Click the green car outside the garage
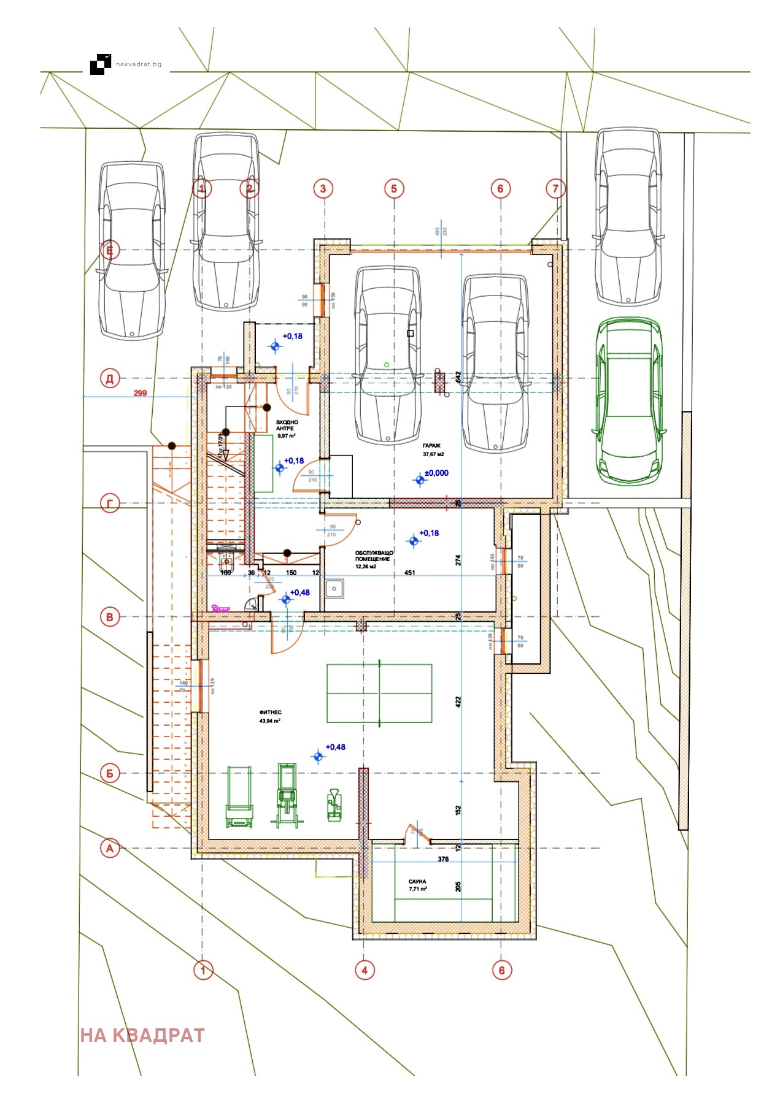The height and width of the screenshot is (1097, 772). click(x=630, y=402)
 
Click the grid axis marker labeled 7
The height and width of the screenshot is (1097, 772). click(x=555, y=188)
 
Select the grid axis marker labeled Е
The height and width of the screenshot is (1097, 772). click(x=110, y=250)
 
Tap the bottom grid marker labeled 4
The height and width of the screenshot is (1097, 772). click(x=365, y=970)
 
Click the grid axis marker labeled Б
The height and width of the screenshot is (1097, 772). click(x=110, y=773)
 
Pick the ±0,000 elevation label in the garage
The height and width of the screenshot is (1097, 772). click(x=436, y=473)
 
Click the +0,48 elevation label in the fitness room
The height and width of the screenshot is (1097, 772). click(x=335, y=747)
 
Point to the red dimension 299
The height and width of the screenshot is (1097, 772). click(x=141, y=393)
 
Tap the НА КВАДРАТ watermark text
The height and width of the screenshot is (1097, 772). click(x=142, y=1035)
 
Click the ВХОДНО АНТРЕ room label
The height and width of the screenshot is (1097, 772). click(x=287, y=426)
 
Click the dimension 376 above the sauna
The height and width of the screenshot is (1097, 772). click(x=443, y=859)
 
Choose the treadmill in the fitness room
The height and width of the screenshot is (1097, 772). click(x=239, y=796)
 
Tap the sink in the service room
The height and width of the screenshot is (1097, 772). click(x=335, y=589)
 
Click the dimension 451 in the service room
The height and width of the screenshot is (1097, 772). click(x=409, y=573)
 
